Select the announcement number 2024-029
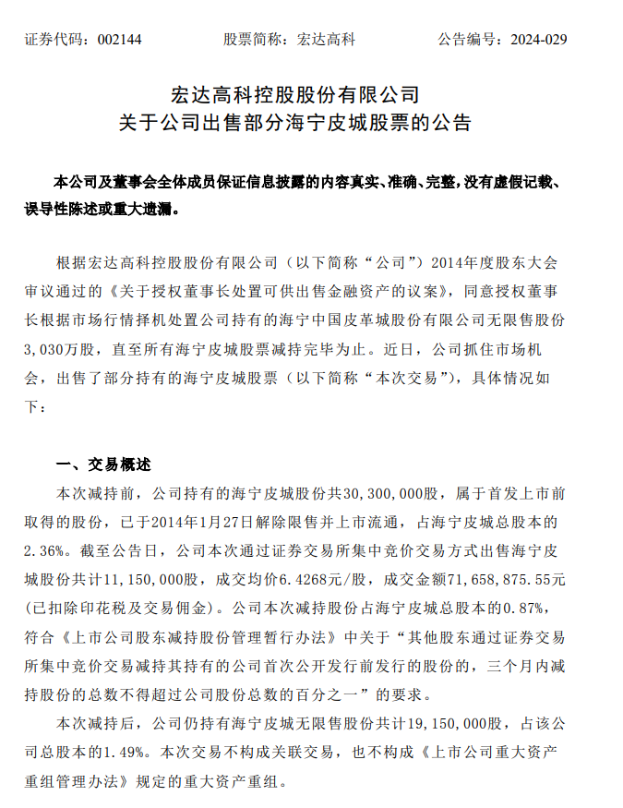pos(533,40)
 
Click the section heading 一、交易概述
pos(103,464)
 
